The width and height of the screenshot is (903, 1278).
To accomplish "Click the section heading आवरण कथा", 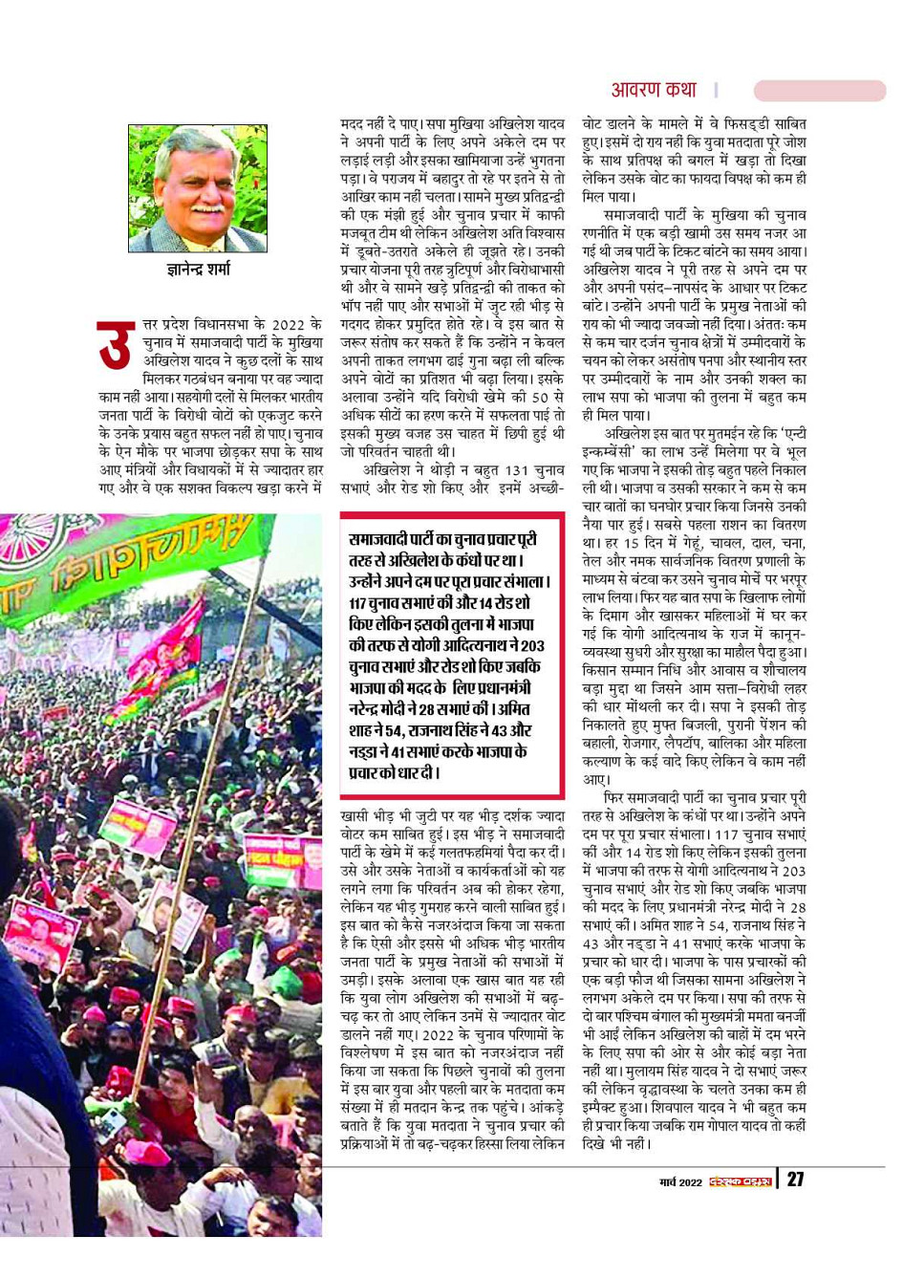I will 654,90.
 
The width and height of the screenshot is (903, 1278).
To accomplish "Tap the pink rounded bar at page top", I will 820,91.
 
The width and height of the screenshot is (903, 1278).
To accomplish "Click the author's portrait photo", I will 198,188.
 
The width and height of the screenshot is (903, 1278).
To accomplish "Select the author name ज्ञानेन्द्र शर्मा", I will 198,270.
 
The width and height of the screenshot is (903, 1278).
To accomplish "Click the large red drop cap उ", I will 115,346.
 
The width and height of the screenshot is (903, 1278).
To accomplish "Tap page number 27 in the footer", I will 795,1180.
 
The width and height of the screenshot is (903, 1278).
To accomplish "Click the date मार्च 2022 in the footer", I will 679,1182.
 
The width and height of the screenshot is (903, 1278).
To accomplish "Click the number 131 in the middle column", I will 517,470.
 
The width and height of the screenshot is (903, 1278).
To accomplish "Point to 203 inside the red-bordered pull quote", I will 528,645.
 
